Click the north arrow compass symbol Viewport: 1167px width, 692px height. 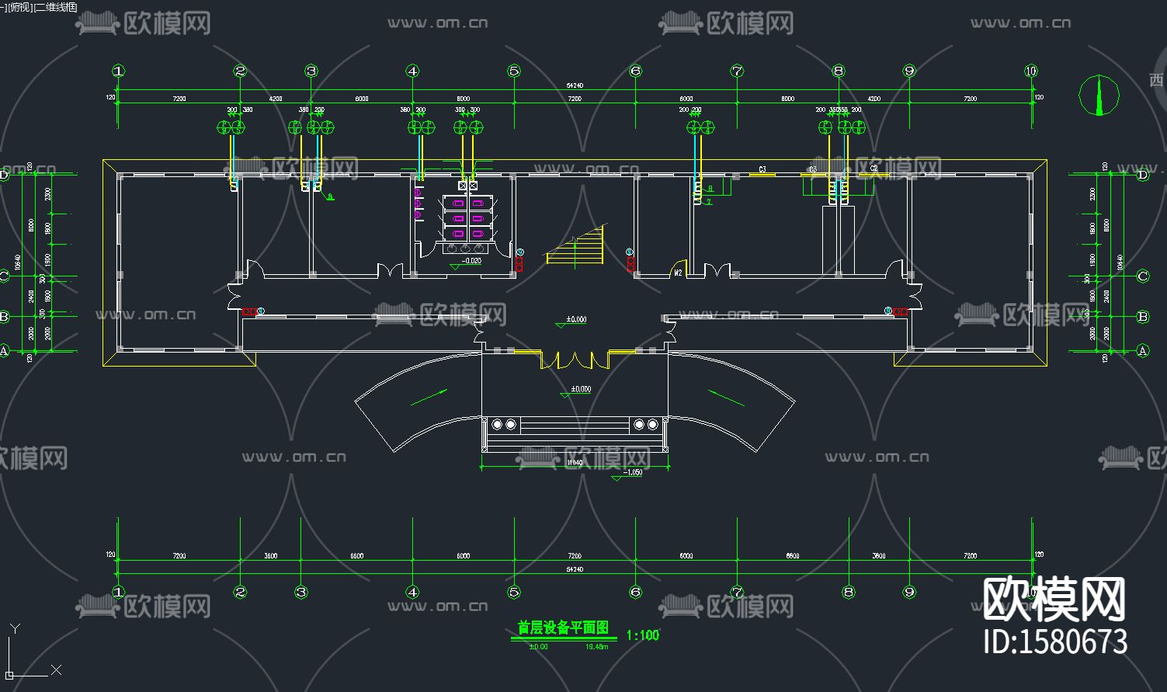1099,95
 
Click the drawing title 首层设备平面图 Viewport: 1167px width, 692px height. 563,628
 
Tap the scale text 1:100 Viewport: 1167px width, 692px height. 642,635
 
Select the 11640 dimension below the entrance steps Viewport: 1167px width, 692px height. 575,463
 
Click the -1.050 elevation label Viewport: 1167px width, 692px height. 634,472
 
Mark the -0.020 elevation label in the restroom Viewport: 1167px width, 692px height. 471,262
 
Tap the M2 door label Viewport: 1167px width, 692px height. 678,273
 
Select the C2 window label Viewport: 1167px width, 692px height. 874,169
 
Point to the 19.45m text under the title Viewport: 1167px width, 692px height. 596,646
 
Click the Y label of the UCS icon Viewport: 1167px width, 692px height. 15,628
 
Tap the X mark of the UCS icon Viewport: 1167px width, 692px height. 56,669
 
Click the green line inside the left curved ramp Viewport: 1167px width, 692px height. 429,397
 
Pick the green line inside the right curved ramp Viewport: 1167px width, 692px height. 726,398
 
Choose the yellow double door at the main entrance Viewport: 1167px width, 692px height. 575,360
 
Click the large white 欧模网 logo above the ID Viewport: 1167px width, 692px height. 1054,600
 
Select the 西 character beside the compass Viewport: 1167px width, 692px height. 1156,80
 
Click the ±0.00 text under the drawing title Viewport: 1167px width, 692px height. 538,646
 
